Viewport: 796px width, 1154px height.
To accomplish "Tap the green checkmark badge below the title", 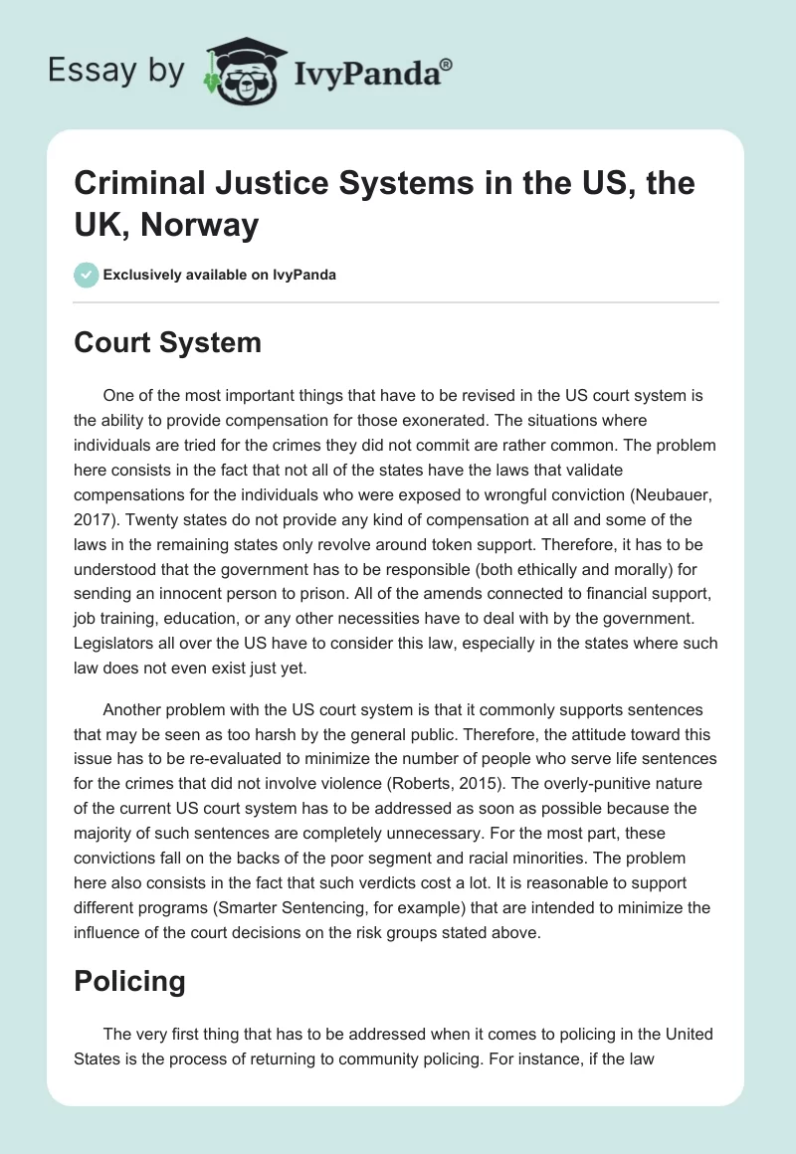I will tap(88, 275).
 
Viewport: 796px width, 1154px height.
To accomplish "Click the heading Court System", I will tap(167, 343).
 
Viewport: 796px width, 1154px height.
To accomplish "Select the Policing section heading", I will tap(129, 981).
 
